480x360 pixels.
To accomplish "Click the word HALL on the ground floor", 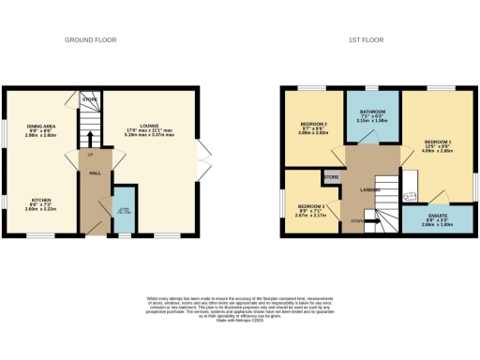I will click(94, 173).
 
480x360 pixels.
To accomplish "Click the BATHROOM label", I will click(372, 112).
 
